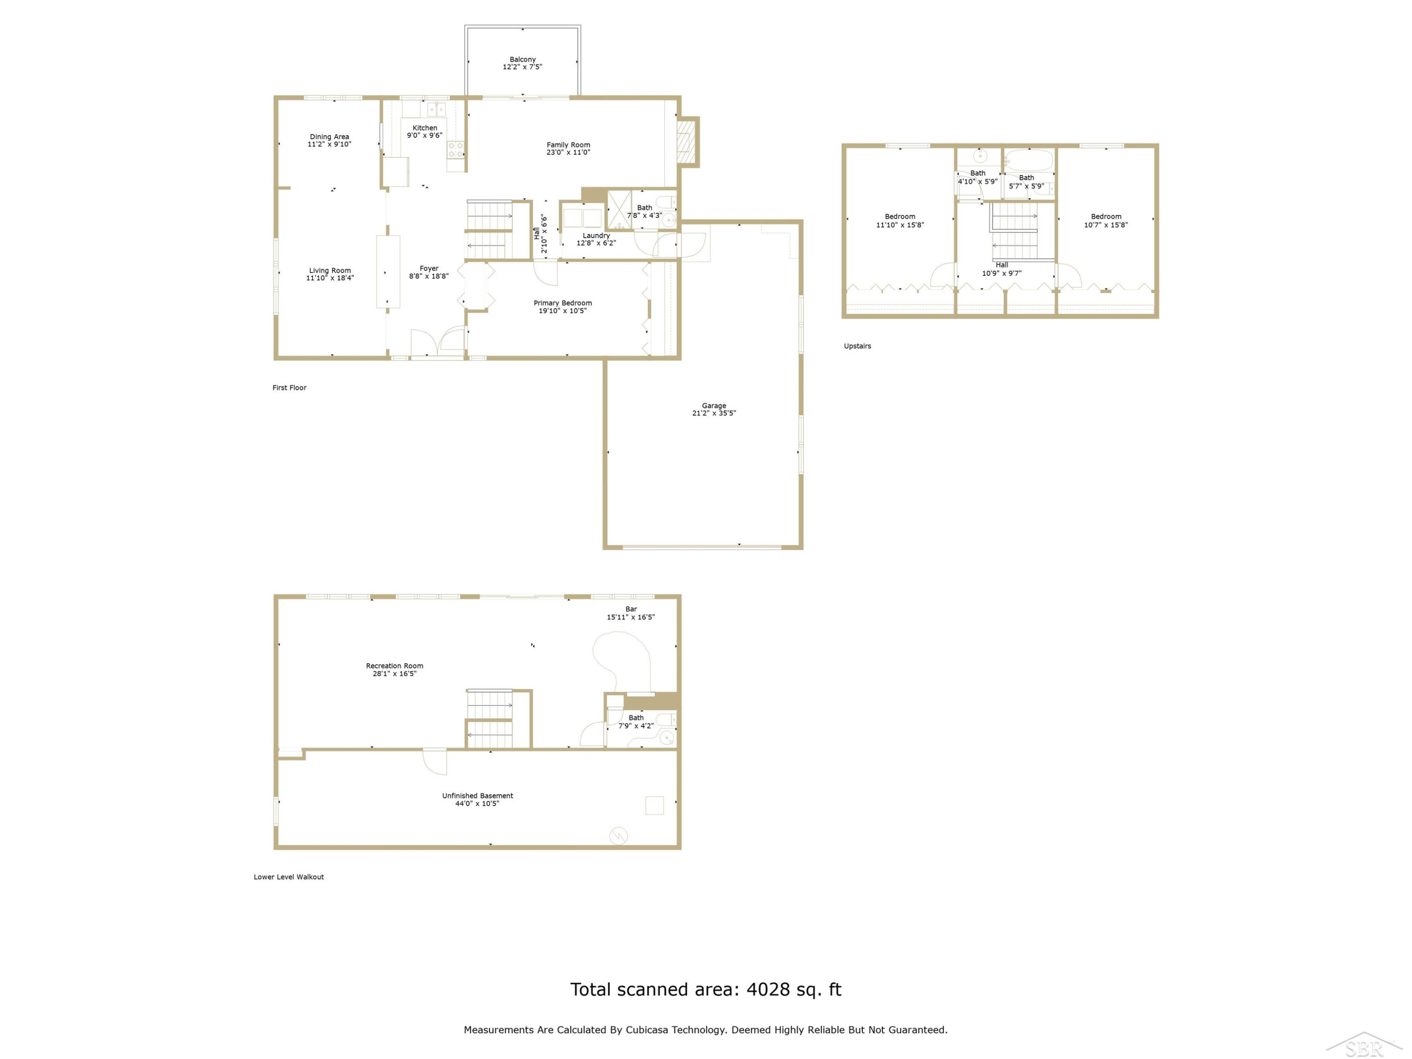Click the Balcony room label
pos(522,59)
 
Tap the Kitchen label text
pos(425,128)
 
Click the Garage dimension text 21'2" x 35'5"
pos(714,413)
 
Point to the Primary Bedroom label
pos(562,303)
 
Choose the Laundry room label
pos(596,235)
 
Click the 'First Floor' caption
pos(289,387)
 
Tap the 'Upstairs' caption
pos(857,346)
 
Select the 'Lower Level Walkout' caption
pos(289,876)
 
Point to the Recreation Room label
pos(394,666)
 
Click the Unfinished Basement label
pos(477,795)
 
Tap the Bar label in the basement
pos(631,609)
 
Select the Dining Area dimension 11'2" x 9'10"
pos(329,144)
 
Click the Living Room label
pos(330,271)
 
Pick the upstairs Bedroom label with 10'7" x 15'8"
pos(1106,217)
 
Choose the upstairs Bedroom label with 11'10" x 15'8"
pos(900,217)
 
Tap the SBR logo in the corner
pos(1364,1044)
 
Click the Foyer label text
pos(429,269)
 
